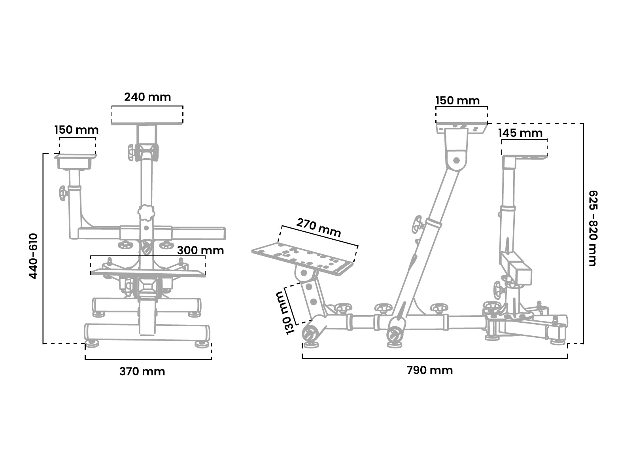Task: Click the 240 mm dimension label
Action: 147,97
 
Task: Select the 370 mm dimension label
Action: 142,371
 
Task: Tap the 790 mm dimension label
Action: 430,370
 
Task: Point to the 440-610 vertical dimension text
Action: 34,256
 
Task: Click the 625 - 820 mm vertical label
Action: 593,228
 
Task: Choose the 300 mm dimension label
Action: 200,250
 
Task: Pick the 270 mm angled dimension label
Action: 318,228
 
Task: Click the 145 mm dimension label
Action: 520,133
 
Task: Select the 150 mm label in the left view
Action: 76,130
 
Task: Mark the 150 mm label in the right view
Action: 457,100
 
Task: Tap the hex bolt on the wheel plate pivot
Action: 456,160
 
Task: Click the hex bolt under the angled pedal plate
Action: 304,272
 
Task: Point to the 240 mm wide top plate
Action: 147,123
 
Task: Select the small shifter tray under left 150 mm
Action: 75,161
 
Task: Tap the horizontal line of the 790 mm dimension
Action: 435,358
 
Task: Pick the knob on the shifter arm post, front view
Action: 62,193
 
